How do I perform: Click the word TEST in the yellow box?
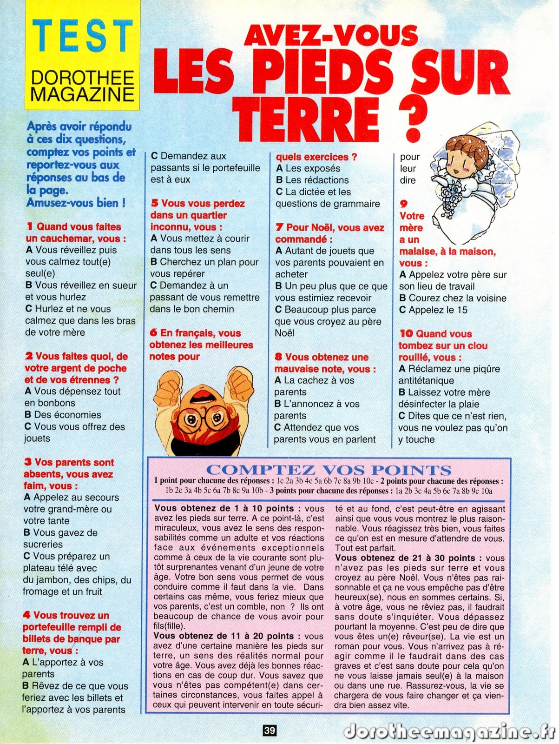click(x=83, y=36)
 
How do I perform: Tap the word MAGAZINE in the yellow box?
click(x=83, y=94)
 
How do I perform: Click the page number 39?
click(x=270, y=731)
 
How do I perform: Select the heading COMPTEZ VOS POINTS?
click(x=329, y=470)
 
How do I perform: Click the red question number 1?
click(x=30, y=227)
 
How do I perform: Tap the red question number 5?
click(x=154, y=204)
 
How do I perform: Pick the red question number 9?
click(x=403, y=204)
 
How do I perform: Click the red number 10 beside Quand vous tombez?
click(x=406, y=334)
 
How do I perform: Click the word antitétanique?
click(x=426, y=381)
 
